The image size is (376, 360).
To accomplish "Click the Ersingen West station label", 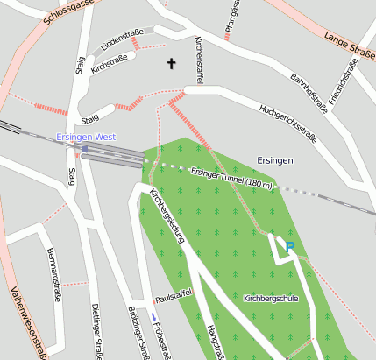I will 85,138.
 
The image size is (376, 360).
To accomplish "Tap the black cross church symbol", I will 171,63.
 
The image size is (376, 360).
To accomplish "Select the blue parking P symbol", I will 290,248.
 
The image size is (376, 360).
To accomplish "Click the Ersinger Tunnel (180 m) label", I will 232,178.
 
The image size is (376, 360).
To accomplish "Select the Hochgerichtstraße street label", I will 287,123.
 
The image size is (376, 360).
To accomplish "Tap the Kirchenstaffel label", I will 201,55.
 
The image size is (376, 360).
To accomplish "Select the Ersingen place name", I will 274,160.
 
